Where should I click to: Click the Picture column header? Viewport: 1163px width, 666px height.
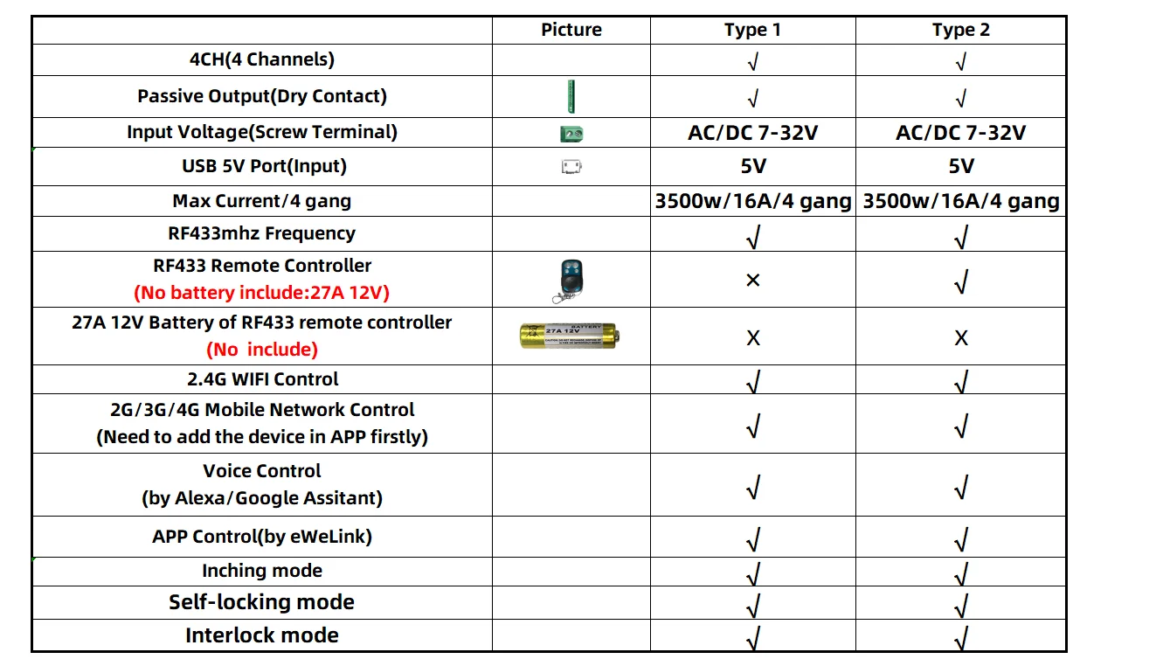[x=571, y=30]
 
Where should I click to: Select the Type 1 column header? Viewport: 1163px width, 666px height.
[x=752, y=30]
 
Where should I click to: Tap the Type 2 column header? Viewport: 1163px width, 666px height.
[x=960, y=30]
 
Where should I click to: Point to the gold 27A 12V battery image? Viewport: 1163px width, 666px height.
[x=569, y=336]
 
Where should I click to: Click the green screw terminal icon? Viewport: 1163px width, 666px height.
[x=571, y=134]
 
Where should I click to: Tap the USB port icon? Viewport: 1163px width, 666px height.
[x=571, y=166]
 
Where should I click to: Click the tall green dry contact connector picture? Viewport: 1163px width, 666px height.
[x=571, y=95]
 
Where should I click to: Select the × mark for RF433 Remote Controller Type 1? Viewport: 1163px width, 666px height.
[x=752, y=280]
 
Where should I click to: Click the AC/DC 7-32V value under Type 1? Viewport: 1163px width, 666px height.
[x=752, y=133]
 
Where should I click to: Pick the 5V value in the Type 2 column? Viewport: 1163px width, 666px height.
[x=960, y=166]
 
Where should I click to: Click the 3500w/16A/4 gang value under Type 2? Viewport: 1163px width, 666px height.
[x=961, y=201]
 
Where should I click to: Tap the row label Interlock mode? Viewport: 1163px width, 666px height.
[x=262, y=635]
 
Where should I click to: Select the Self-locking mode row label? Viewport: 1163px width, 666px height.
[x=262, y=602]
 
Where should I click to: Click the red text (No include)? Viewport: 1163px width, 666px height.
[x=262, y=350]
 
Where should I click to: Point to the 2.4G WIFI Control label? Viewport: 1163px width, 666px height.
[x=262, y=379]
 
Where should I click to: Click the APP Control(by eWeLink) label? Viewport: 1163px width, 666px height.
[x=262, y=536]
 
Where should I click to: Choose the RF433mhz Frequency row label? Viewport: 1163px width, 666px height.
[x=262, y=233]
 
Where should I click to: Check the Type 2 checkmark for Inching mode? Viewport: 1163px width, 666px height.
[x=961, y=573]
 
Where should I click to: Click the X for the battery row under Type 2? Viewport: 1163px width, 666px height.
[x=961, y=337]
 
